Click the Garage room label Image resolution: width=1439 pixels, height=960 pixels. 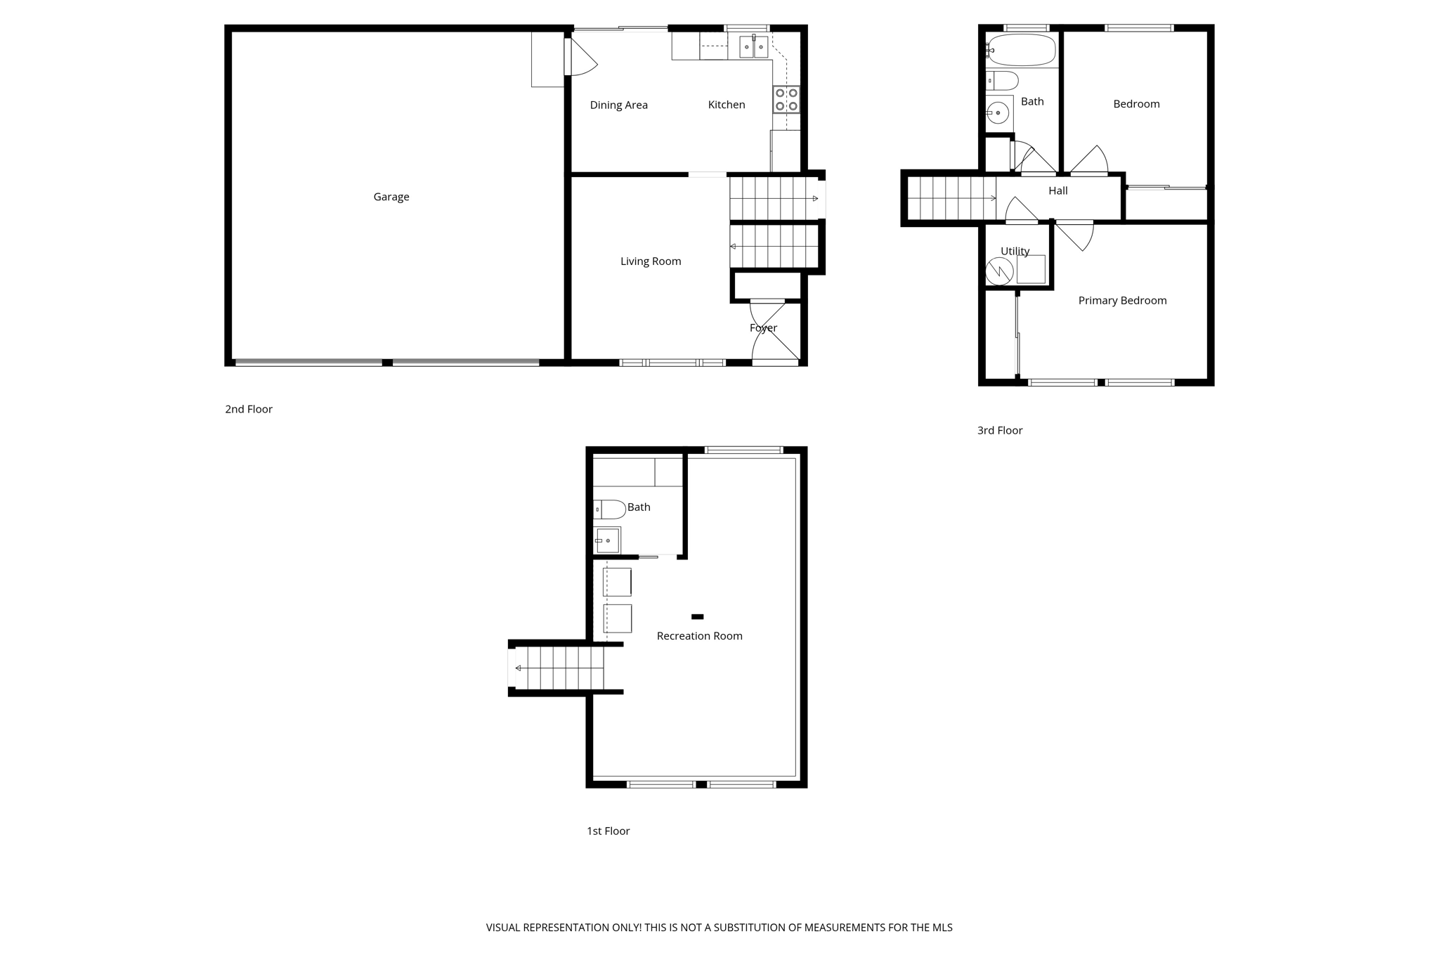point(391,197)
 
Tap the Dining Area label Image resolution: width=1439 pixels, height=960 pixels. point(618,105)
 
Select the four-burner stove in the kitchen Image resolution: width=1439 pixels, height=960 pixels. point(786,99)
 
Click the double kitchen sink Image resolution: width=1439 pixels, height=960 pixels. point(753,47)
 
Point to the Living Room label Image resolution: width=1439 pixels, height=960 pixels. point(651,261)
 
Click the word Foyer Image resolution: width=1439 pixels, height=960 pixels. point(763,328)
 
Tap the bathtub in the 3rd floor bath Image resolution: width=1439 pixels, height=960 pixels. point(1022,51)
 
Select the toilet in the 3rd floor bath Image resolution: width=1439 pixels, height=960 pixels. point(1002,81)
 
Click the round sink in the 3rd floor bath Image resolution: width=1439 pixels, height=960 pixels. point(998,112)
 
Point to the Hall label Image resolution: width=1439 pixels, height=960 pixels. point(1057,191)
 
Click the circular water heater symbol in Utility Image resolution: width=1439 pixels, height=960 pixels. point(999,271)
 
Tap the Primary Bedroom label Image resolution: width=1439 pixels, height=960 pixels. point(1122,301)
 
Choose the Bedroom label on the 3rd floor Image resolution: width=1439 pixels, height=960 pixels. point(1136,104)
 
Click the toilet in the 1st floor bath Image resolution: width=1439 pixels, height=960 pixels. point(609,509)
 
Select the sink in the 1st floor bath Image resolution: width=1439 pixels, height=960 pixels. point(607,541)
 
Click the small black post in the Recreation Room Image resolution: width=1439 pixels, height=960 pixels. point(697,617)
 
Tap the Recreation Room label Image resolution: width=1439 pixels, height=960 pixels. point(699,636)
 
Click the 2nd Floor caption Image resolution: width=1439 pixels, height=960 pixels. point(249,409)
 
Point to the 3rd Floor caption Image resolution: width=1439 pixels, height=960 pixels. point(999,430)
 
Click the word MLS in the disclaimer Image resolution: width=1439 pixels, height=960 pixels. point(942,928)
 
